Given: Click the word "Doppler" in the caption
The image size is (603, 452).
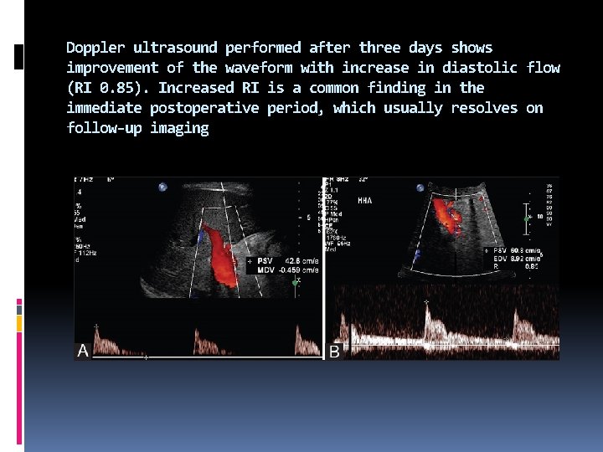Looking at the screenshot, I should click(95, 48).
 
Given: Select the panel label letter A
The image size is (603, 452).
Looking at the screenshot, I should click(83, 352).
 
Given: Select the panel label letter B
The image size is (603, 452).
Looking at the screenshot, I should click(334, 352).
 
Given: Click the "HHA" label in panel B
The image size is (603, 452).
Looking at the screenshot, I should click(365, 201).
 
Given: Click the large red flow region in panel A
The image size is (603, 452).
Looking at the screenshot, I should click(223, 251).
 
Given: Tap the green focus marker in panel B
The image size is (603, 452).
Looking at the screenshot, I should click(526, 219).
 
